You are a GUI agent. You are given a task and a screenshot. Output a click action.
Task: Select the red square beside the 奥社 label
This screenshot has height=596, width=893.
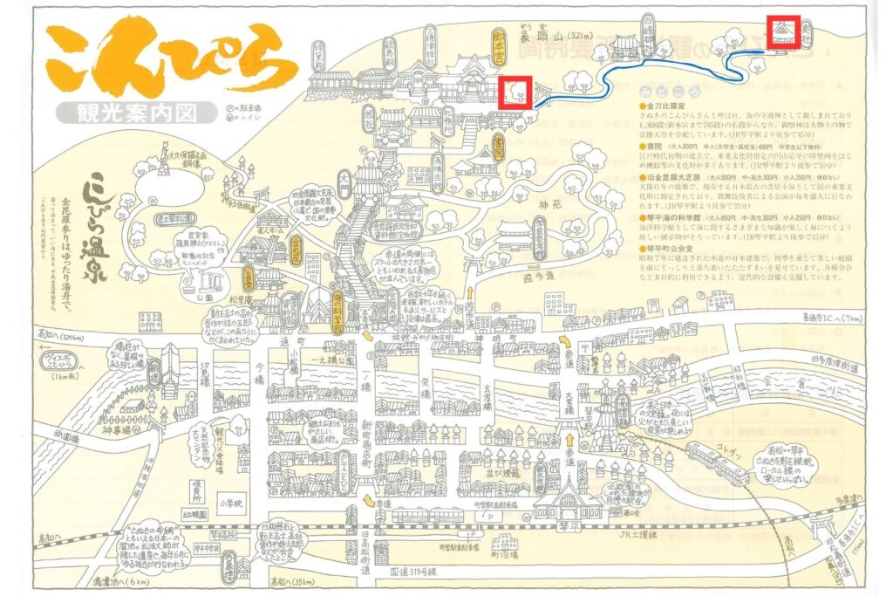click(780, 32)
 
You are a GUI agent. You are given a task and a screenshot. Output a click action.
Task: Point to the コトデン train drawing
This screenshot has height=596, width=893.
click(717, 462)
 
